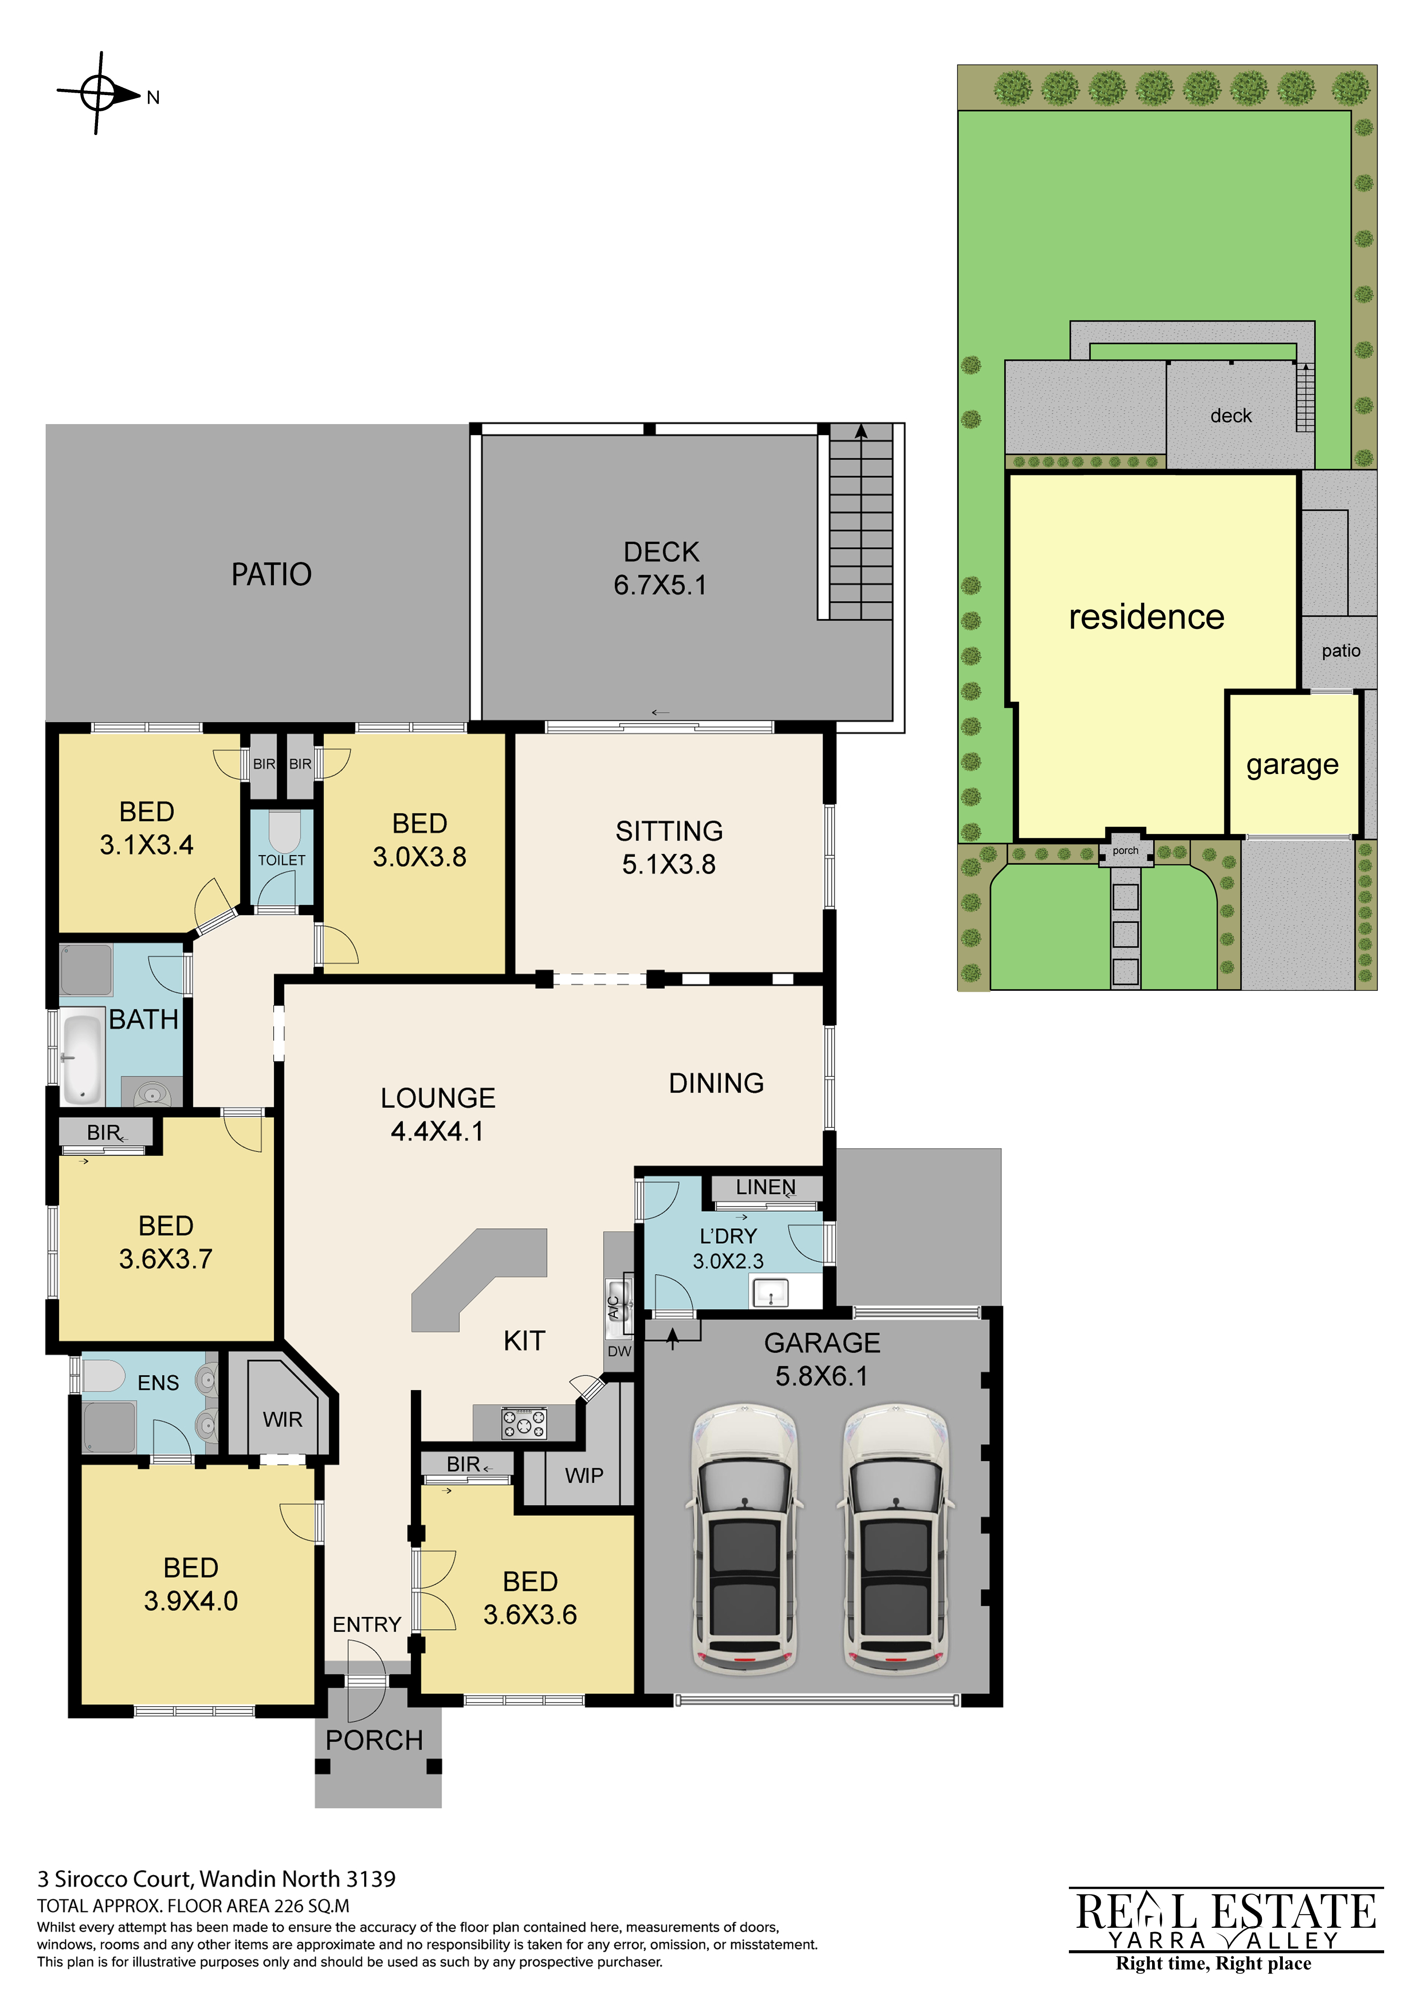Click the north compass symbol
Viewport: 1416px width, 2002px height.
(x=98, y=93)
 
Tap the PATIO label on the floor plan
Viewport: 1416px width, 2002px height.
(x=271, y=575)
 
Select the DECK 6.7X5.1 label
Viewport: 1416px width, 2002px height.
(x=661, y=569)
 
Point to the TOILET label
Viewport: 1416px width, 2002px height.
(x=281, y=860)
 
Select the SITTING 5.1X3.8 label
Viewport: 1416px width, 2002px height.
(x=669, y=848)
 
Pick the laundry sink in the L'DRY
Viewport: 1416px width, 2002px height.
(x=770, y=1292)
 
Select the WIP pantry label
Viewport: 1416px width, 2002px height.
(x=584, y=1475)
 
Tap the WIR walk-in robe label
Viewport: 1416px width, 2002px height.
(x=282, y=1420)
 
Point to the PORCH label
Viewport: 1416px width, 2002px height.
(x=374, y=1741)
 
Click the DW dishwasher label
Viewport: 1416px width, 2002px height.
(x=619, y=1352)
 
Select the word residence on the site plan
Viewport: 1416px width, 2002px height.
(x=1146, y=618)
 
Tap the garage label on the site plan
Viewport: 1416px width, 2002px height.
(x=1292, y=764)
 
